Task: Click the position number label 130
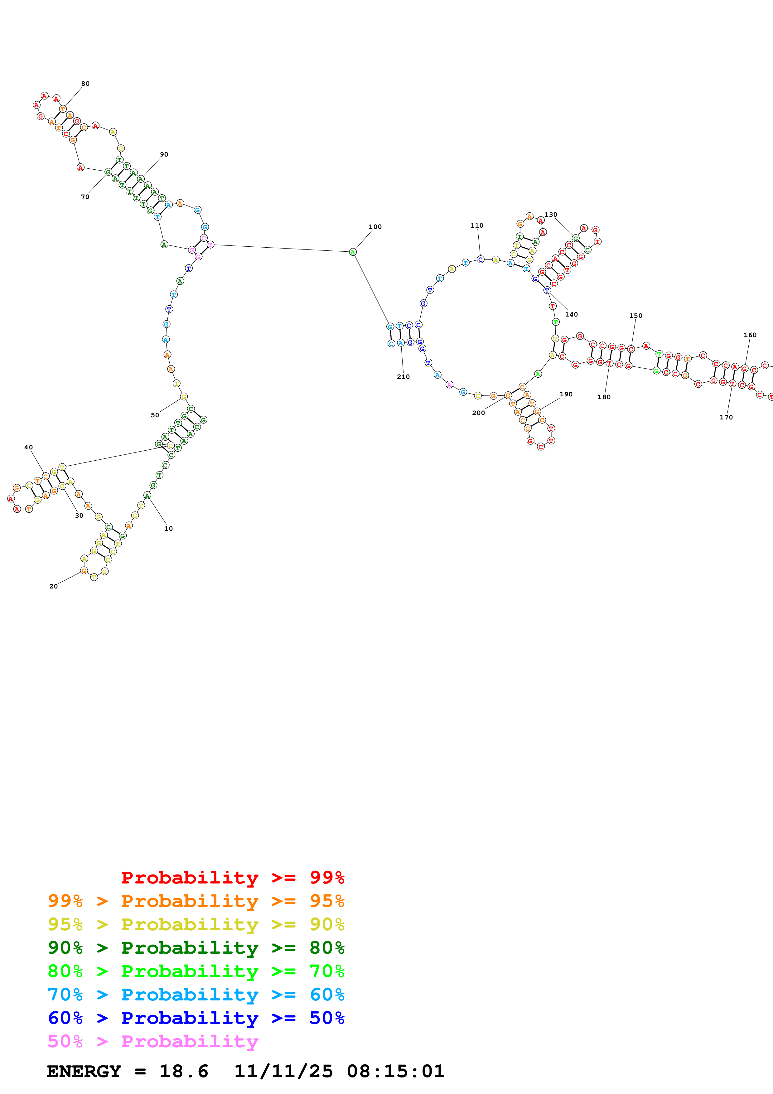pos(551,215)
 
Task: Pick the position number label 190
pos(566,395)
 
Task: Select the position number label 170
pos(726,417)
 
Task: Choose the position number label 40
pos(29,448)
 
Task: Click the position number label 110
pos(477,226)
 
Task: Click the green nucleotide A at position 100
pos(352,252)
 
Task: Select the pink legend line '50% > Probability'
pos(153,1042)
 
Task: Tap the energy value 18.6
pos(184,1072)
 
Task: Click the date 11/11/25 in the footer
pos(283,1072)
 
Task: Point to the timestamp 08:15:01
pos(395,1072)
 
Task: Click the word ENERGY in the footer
pos(84,1072)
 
